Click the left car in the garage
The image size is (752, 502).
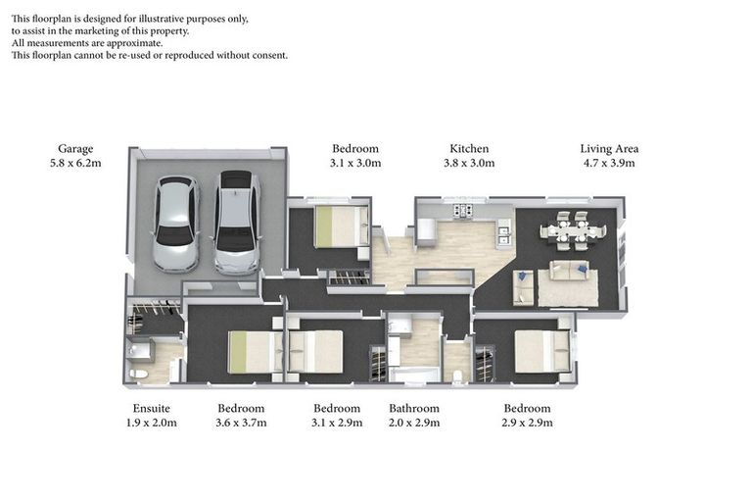[176, 224]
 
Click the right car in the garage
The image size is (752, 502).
[237, 222]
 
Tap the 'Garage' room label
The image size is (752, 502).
[74, 149]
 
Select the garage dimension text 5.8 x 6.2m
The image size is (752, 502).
[74, 164]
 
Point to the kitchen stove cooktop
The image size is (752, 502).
[460, 210]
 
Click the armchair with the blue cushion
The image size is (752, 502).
[524, 287]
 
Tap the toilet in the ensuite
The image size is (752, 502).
[138, 374]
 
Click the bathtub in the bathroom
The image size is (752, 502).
[415, 374]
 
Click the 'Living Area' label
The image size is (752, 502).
[609, 149]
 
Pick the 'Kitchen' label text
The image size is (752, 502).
[469, 149]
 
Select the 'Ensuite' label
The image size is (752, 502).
[152, 409]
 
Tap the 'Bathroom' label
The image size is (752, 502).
[414, 409]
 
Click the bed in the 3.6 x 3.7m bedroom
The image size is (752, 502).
[249, 352]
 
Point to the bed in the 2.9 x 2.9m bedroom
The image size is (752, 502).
[541, 351]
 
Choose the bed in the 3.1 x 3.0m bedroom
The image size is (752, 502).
[341, 226]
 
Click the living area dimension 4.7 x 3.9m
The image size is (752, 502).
[609, 164]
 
